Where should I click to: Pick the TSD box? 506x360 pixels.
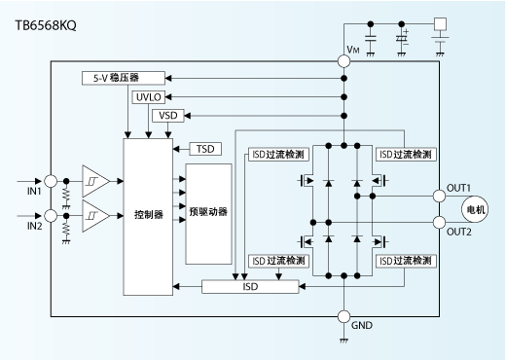tap(205, 149)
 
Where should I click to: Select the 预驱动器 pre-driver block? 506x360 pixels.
tap(208, 212)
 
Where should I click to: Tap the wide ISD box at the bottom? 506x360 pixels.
tap(252, 286)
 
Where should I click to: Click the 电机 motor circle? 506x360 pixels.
tap(475, 208)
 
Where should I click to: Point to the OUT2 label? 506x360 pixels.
tap(458, 233)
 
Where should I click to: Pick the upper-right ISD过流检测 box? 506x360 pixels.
tap(404, 154)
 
